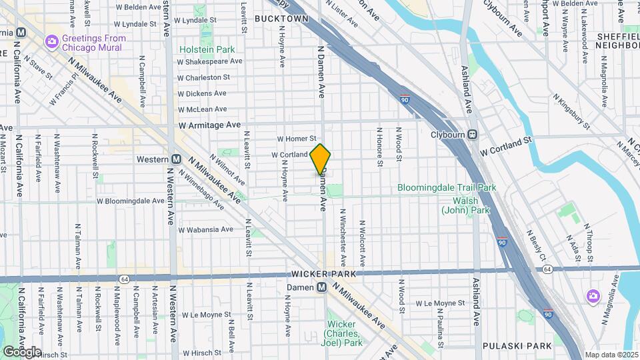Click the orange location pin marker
point(320,159)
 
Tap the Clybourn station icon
point(472,134)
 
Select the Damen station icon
point(321,287)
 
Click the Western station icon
point(176,159)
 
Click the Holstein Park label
point(207,49)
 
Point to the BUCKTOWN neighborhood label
point(281,19)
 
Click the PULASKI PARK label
point(517,346)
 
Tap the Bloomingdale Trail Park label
point(447,188)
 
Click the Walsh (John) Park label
point(465,205)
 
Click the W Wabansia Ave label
point(205,229)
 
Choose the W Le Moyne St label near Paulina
point(441,303)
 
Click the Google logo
point(21,352)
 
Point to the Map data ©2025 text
point(611,355)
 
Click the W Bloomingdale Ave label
point(131,200)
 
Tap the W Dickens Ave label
point(202,93)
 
